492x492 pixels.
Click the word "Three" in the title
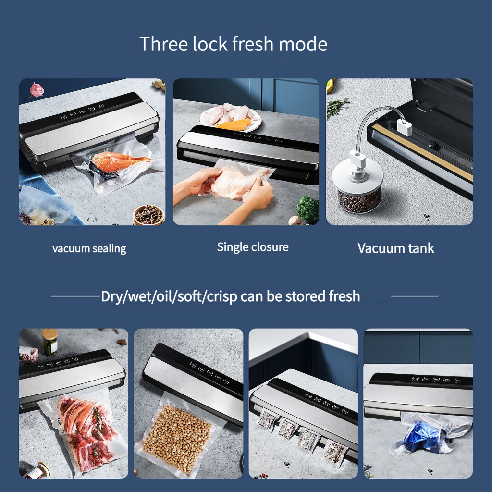click(163, 44)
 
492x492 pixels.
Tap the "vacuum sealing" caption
click(89, 248)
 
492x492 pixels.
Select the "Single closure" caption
click(253, 247)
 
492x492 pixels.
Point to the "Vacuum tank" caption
click(396, 248)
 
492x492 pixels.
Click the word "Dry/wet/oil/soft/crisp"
click(169, 296)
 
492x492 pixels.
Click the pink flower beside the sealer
click(37, 90)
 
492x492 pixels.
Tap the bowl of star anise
click(148, 215)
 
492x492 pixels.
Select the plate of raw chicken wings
click(230, 117)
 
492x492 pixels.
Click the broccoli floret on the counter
click(308, 209)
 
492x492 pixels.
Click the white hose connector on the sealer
click(404, 126)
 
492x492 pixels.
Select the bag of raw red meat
click(86, 432)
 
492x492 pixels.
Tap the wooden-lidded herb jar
click(49, 342)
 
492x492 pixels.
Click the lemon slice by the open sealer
click(330, 86)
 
